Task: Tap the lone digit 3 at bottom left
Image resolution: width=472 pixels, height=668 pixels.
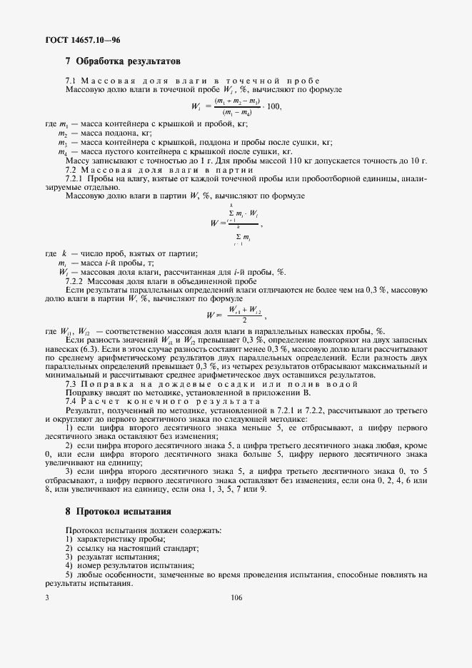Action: click(x=46, y=598)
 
